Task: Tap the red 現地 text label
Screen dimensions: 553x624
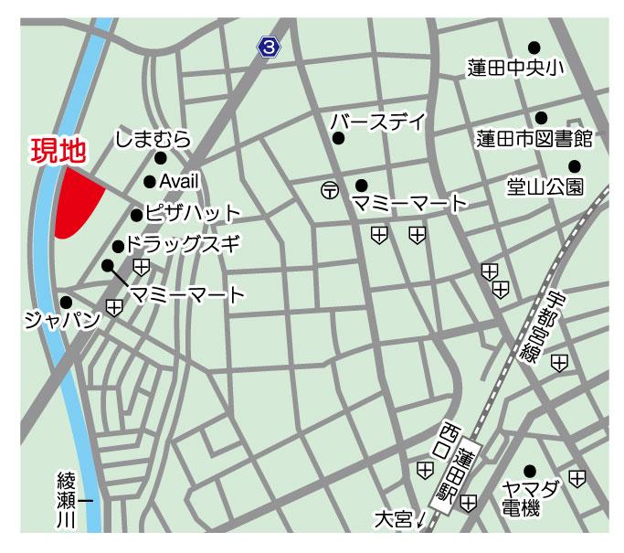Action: click(58, 151)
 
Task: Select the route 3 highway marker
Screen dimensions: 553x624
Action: click(268, 46)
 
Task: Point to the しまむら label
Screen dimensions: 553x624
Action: click(152, 139)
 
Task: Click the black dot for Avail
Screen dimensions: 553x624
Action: click(150, 181)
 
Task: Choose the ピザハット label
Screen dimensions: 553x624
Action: click(193, 215)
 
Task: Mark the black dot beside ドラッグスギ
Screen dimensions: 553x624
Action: click(118, 246)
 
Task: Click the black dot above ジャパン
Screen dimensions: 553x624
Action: click(65, 302)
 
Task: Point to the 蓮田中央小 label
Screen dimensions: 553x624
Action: click(516, 68)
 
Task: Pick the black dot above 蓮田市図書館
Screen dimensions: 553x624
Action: click(541, 117)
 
